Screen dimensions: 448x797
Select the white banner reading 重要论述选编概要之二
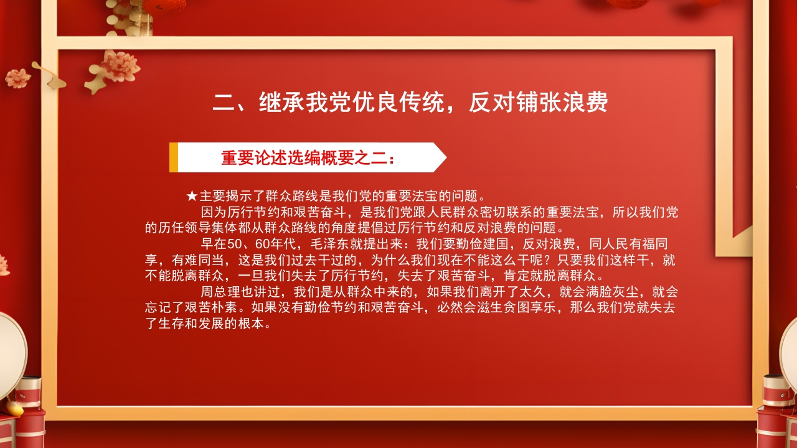308,157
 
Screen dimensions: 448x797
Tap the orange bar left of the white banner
174,157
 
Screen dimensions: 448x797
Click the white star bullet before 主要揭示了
192,197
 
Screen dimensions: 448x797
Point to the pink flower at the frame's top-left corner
119,66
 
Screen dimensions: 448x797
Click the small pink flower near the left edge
17,78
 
